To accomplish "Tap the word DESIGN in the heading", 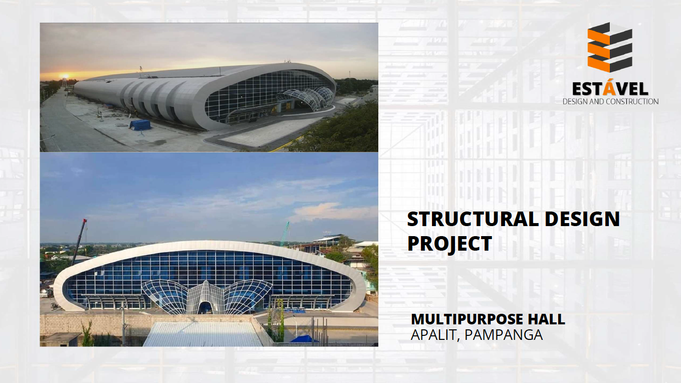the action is pos(582,219).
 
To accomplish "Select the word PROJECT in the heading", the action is pos(449,243).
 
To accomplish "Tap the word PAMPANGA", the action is pos(504,335).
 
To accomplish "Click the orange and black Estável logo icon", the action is pos(609,47).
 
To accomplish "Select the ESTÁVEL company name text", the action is pos(610,89).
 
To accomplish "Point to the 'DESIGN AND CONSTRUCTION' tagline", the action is pos(610,101).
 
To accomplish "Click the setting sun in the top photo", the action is pos(64,76).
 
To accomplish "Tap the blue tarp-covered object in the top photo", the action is pos(140,125).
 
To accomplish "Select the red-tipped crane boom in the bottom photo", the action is pos(79,242).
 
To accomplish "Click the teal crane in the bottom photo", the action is pos(285,234).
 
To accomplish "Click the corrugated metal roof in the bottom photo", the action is pos(203,334).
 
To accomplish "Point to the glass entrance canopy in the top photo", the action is pos(305,97).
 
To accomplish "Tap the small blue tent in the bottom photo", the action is pos(304,339).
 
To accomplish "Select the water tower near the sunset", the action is pos(64,83).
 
